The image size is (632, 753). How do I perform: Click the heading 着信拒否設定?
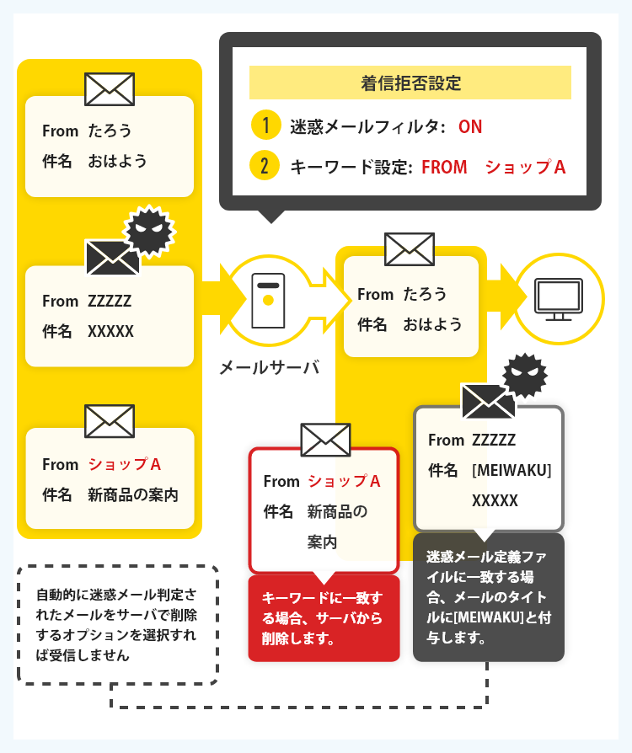[x=410, y=83]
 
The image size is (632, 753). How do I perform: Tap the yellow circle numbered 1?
[x=265, y=125]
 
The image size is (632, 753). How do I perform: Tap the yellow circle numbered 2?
[x=265, y=166]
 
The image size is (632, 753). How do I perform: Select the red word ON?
[x=470, y=127]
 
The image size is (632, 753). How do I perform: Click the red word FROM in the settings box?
[x=444, y=167]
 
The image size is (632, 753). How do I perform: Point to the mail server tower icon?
[x=268, y=301]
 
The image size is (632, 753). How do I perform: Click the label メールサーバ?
[x=269, y=367]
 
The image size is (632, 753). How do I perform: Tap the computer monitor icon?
[x=559, y=299]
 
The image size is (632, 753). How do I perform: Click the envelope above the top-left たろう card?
[x=110, y=89]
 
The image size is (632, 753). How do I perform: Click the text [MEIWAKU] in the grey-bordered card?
[x=511, y=470]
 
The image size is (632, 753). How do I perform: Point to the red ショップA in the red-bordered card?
[x=344, y=481]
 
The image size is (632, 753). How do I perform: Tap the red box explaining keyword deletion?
[x=324, y=618]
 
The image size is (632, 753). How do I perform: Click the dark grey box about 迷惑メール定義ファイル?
[x=489, y=597]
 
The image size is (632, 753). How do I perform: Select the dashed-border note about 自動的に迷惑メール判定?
[x=118, y=625]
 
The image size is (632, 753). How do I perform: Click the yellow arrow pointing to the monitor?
[x=506, y=296]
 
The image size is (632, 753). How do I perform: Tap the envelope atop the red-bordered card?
[x=326, y=440]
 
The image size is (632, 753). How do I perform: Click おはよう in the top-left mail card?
[x=117, y=161]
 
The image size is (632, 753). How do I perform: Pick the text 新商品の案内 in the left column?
[x=132, y=494]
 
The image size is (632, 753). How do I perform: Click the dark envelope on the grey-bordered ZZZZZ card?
[x=488, y=402]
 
